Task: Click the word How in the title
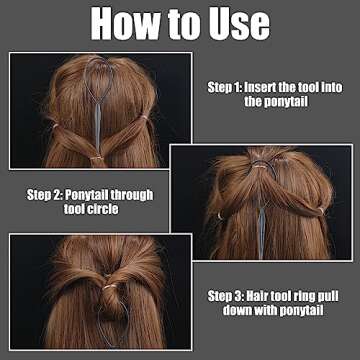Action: tap(126, 23)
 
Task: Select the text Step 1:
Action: tap(224, 88)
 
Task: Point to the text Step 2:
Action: tap(44, 195)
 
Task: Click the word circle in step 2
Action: tap(104, 209)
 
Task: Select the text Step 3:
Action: tap(225, 296)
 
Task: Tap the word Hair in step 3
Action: tap(257, 296)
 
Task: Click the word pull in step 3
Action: tap(329, 296)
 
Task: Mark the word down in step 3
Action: tap(238, 310)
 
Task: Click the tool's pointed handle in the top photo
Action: tap(98, 128)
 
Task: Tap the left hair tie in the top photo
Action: tap(55, 126)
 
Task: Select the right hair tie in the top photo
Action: tap(144, 117)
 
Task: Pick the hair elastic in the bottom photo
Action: tap(110, 286)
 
